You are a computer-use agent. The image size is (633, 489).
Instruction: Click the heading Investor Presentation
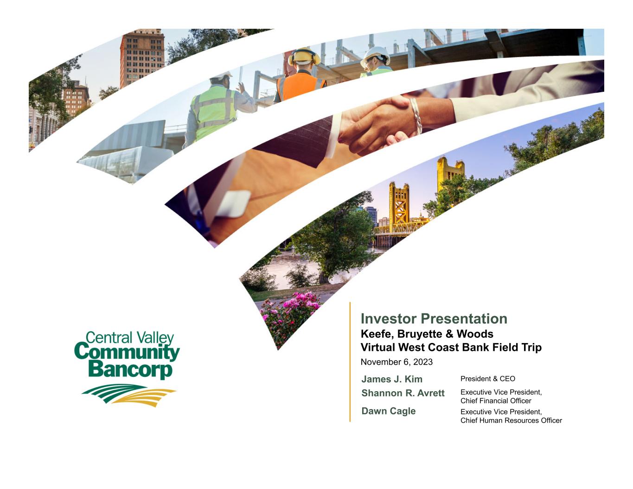[x=434, y=319]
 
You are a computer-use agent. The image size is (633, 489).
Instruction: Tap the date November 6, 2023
[x=396, y=362]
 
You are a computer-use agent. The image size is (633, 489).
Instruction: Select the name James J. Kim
[x=391, y=379]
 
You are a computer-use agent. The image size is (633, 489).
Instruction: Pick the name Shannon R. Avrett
[x=403, y=393]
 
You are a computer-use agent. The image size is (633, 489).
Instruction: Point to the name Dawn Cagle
[x=388, y=411]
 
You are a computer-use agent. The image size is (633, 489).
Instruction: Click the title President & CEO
[x=488, y=379]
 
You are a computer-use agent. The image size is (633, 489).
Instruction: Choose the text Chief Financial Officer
[x=496, y=401]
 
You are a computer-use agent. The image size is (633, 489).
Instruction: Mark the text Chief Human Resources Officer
[x=511, y=420]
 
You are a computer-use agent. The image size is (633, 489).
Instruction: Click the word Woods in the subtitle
[x=474, y=334]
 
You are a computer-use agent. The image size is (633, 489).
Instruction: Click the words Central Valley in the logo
[x=130, y=338]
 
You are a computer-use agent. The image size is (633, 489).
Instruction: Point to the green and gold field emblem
[x=129, y=395]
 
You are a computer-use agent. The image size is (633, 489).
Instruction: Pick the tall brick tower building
[x=142, y=58]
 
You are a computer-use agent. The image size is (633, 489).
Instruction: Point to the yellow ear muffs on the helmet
[x=304, y=57]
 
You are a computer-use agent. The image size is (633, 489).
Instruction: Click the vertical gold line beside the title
[x=350, y=362]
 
